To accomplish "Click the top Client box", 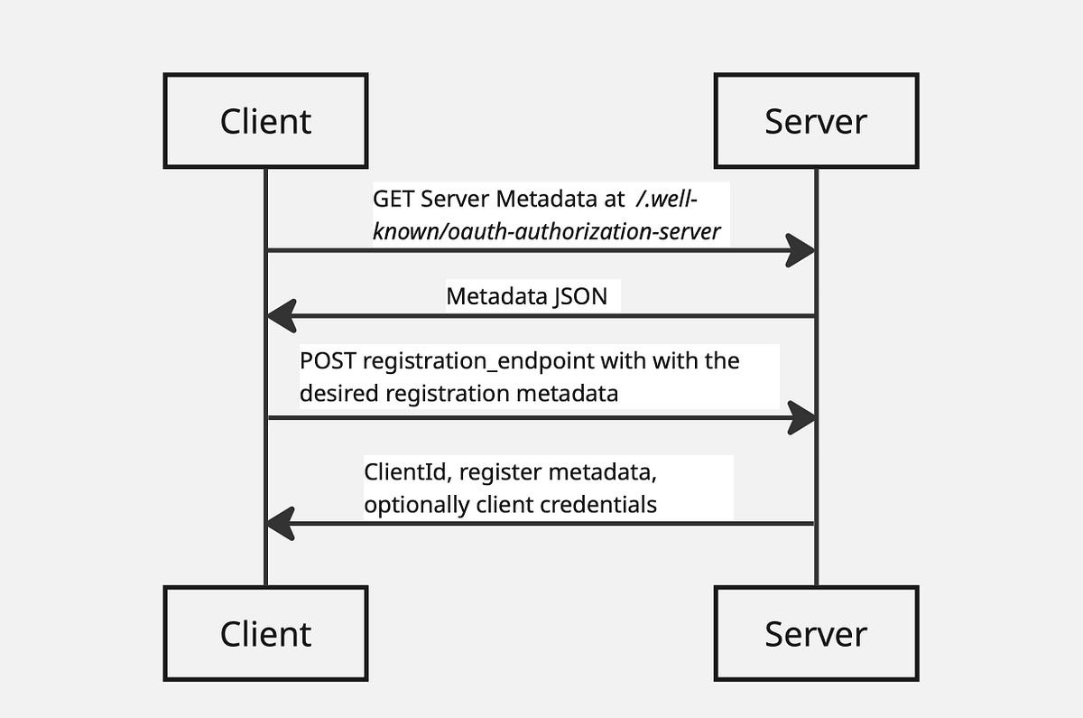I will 265,121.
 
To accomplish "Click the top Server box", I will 816,121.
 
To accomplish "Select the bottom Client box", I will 265,633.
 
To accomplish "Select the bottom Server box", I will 816,633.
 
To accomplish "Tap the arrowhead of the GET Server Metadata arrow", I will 801,250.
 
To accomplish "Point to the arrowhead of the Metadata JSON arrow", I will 281,316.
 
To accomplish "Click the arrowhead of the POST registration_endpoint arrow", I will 801,417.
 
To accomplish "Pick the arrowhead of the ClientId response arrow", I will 281,523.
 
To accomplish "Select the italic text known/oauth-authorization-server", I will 547,231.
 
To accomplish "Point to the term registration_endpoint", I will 477,361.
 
